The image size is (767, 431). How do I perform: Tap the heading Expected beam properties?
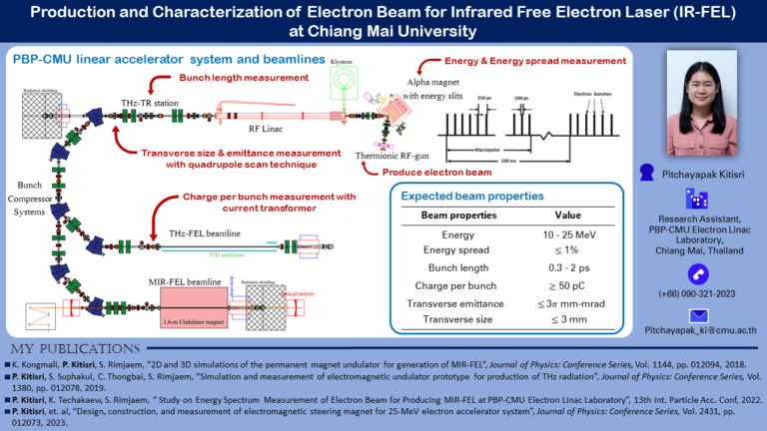(472, 196)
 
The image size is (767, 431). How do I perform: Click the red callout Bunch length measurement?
(242, 77)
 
